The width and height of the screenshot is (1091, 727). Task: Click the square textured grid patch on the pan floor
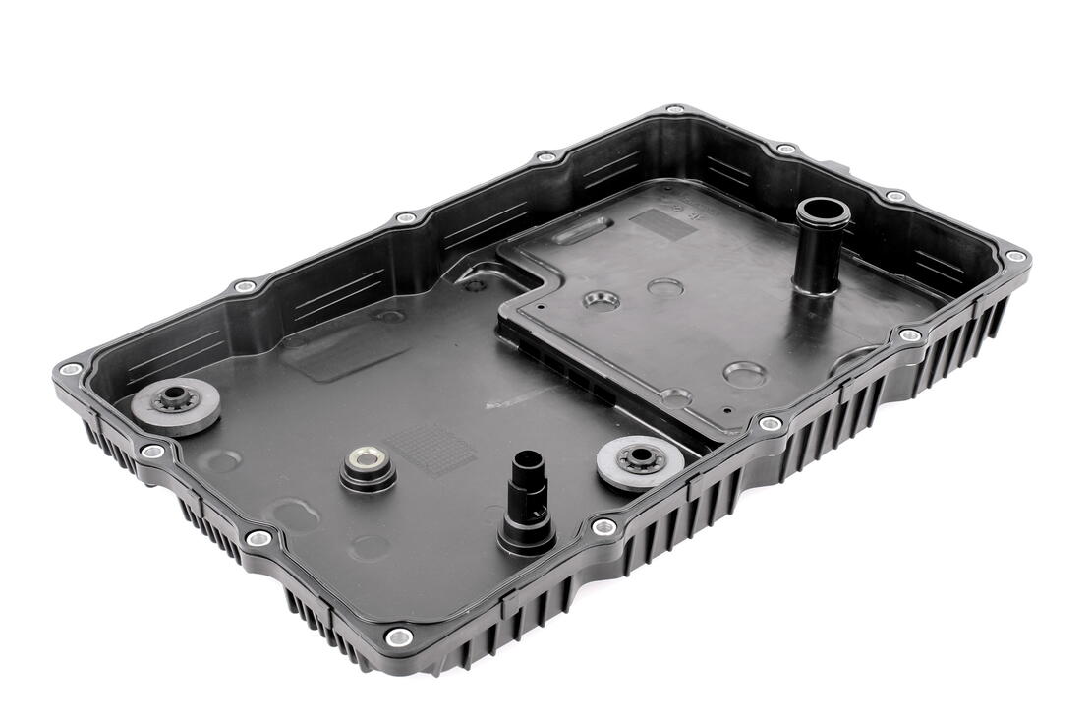[x=430, y=449]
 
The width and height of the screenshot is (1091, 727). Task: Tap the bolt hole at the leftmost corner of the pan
[x=69, y=370]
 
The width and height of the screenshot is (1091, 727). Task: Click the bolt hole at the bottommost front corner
[x=398, y=637]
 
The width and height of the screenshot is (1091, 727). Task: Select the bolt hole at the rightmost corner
[x=1015, y=257]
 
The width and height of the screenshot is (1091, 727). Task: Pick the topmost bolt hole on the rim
[x=674, y=110]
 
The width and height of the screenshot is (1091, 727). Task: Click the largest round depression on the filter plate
[x=744, y=374]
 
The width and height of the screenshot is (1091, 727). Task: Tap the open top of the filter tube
[x=821, y=211]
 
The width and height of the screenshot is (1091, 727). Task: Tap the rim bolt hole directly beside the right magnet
[x=603, y=528]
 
